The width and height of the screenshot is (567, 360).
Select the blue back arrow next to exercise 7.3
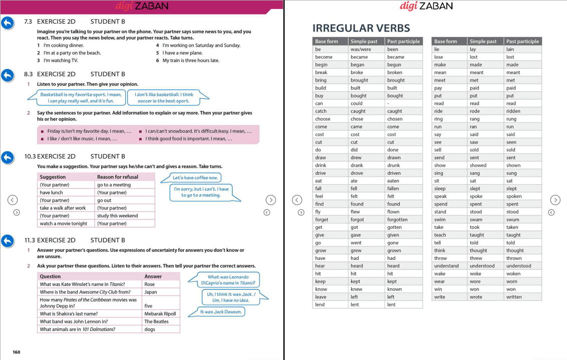pyautogui.click(x=8, y=23)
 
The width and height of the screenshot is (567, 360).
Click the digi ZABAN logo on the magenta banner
pyautogui.click(x=142, y=6)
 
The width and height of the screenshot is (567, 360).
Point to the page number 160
pyautogui.click(x=17, y=352)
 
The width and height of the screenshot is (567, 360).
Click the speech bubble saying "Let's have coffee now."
pyautogui.click(x=195, y=178)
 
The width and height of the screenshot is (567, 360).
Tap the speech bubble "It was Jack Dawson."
pyautogui.click(x=221, y=312)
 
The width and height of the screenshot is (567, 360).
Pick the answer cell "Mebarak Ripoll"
pyautogui.click(x=160, y=314)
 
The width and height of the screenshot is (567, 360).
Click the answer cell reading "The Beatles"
pyautogui.click(x=156, y=322)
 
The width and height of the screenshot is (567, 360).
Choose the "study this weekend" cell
pyautogui.click(x=118, y=216)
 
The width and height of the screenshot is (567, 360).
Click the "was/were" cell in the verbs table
pyautogui.click(x=361, y=49)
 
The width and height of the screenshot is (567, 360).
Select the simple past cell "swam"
pyautogui.click(x=476, y=219)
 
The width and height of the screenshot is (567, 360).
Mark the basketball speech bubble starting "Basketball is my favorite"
pyautogui.click(x=81, y=98)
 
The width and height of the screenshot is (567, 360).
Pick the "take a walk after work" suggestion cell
pyautogui.click(x=63, y=208)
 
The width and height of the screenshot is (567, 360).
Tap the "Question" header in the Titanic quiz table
pyautogui.click(x=50, y=276)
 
